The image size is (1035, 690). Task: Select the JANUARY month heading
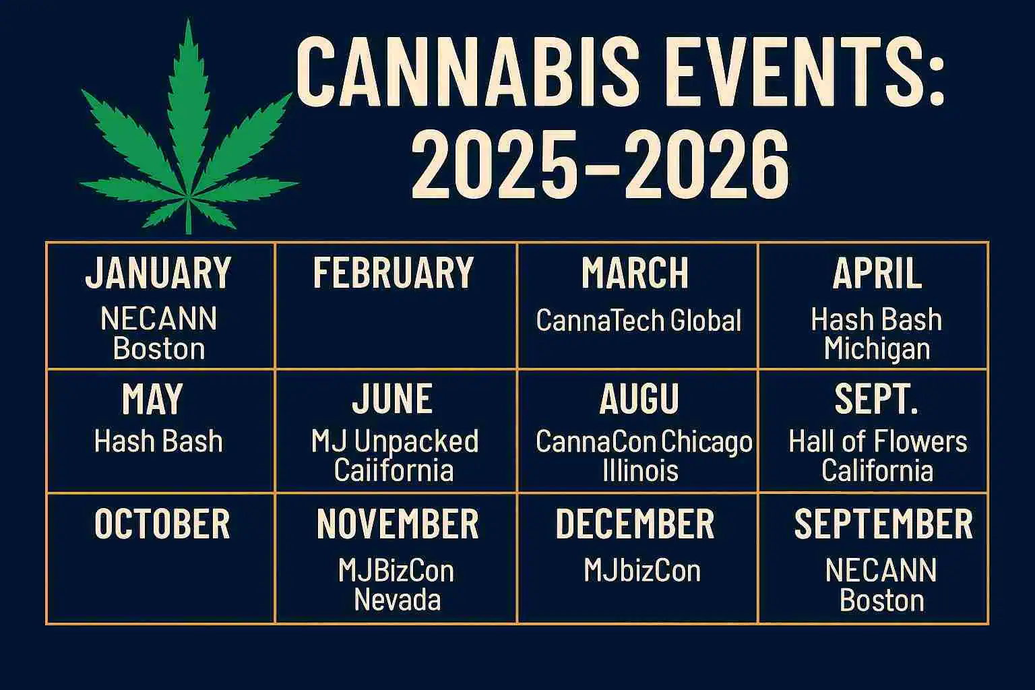[x=158, y=273]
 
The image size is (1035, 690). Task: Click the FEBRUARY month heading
[x=394, y=273]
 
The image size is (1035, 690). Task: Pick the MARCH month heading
[x=635, y=273]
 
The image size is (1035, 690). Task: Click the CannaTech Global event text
[x=638, y=321]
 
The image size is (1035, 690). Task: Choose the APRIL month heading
[x=877, y=273]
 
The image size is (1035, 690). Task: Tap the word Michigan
[x=877, y=349]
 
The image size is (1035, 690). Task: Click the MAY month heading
[x=152, y=399]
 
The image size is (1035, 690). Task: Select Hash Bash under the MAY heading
[x=158, y=441]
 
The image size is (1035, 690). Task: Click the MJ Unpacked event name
[x=395, y=441]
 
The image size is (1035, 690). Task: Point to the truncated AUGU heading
[x=639, y=399]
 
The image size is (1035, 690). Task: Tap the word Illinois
[x=639, y=470]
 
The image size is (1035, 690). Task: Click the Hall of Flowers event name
[x=877, y=441]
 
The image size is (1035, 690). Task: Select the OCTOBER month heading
[x=162, y=524]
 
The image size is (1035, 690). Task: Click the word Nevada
[x=397, y=600]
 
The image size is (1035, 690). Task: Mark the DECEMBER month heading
[x=635, y=524]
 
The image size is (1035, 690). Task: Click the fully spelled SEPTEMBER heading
[x=883, y=524]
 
